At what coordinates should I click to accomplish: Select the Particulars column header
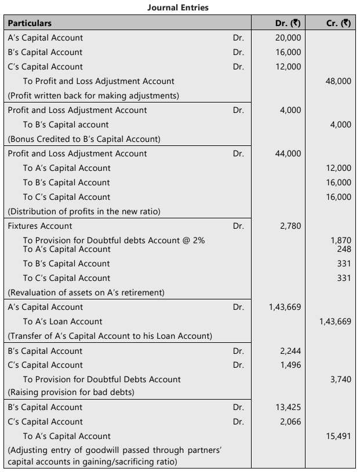(30, 23)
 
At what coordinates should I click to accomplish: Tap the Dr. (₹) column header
(288, 23)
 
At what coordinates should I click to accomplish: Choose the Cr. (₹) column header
(337, 23)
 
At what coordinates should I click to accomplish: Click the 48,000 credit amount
(339, 81)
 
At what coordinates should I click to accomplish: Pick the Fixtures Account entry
(40, 226)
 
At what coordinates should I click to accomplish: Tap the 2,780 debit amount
(290, 226)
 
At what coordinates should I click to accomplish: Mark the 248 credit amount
(344, 249)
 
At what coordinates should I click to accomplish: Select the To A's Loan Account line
(63, 321)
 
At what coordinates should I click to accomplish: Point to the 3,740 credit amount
(341, 379)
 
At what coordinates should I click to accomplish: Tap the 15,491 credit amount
(339, 436)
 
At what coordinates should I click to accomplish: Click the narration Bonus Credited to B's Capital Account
(84, 139)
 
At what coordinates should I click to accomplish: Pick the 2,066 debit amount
(290, 422)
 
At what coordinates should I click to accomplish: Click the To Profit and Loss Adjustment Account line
(99, 81)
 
